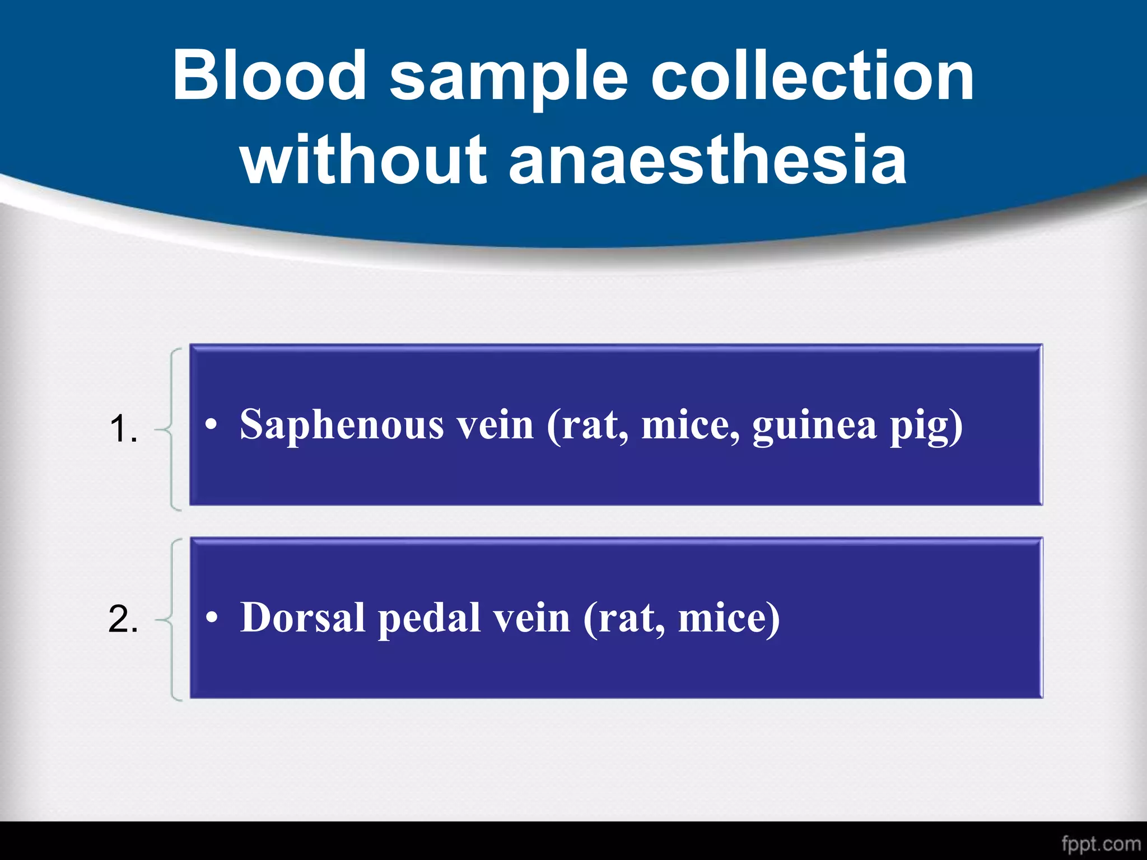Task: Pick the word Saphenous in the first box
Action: (342, 425)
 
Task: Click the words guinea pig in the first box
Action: (857, 425)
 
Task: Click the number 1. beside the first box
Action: (123, 429)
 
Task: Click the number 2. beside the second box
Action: (123, 620)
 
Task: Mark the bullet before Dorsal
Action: (211, 619)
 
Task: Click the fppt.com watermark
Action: (1101, 843)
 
